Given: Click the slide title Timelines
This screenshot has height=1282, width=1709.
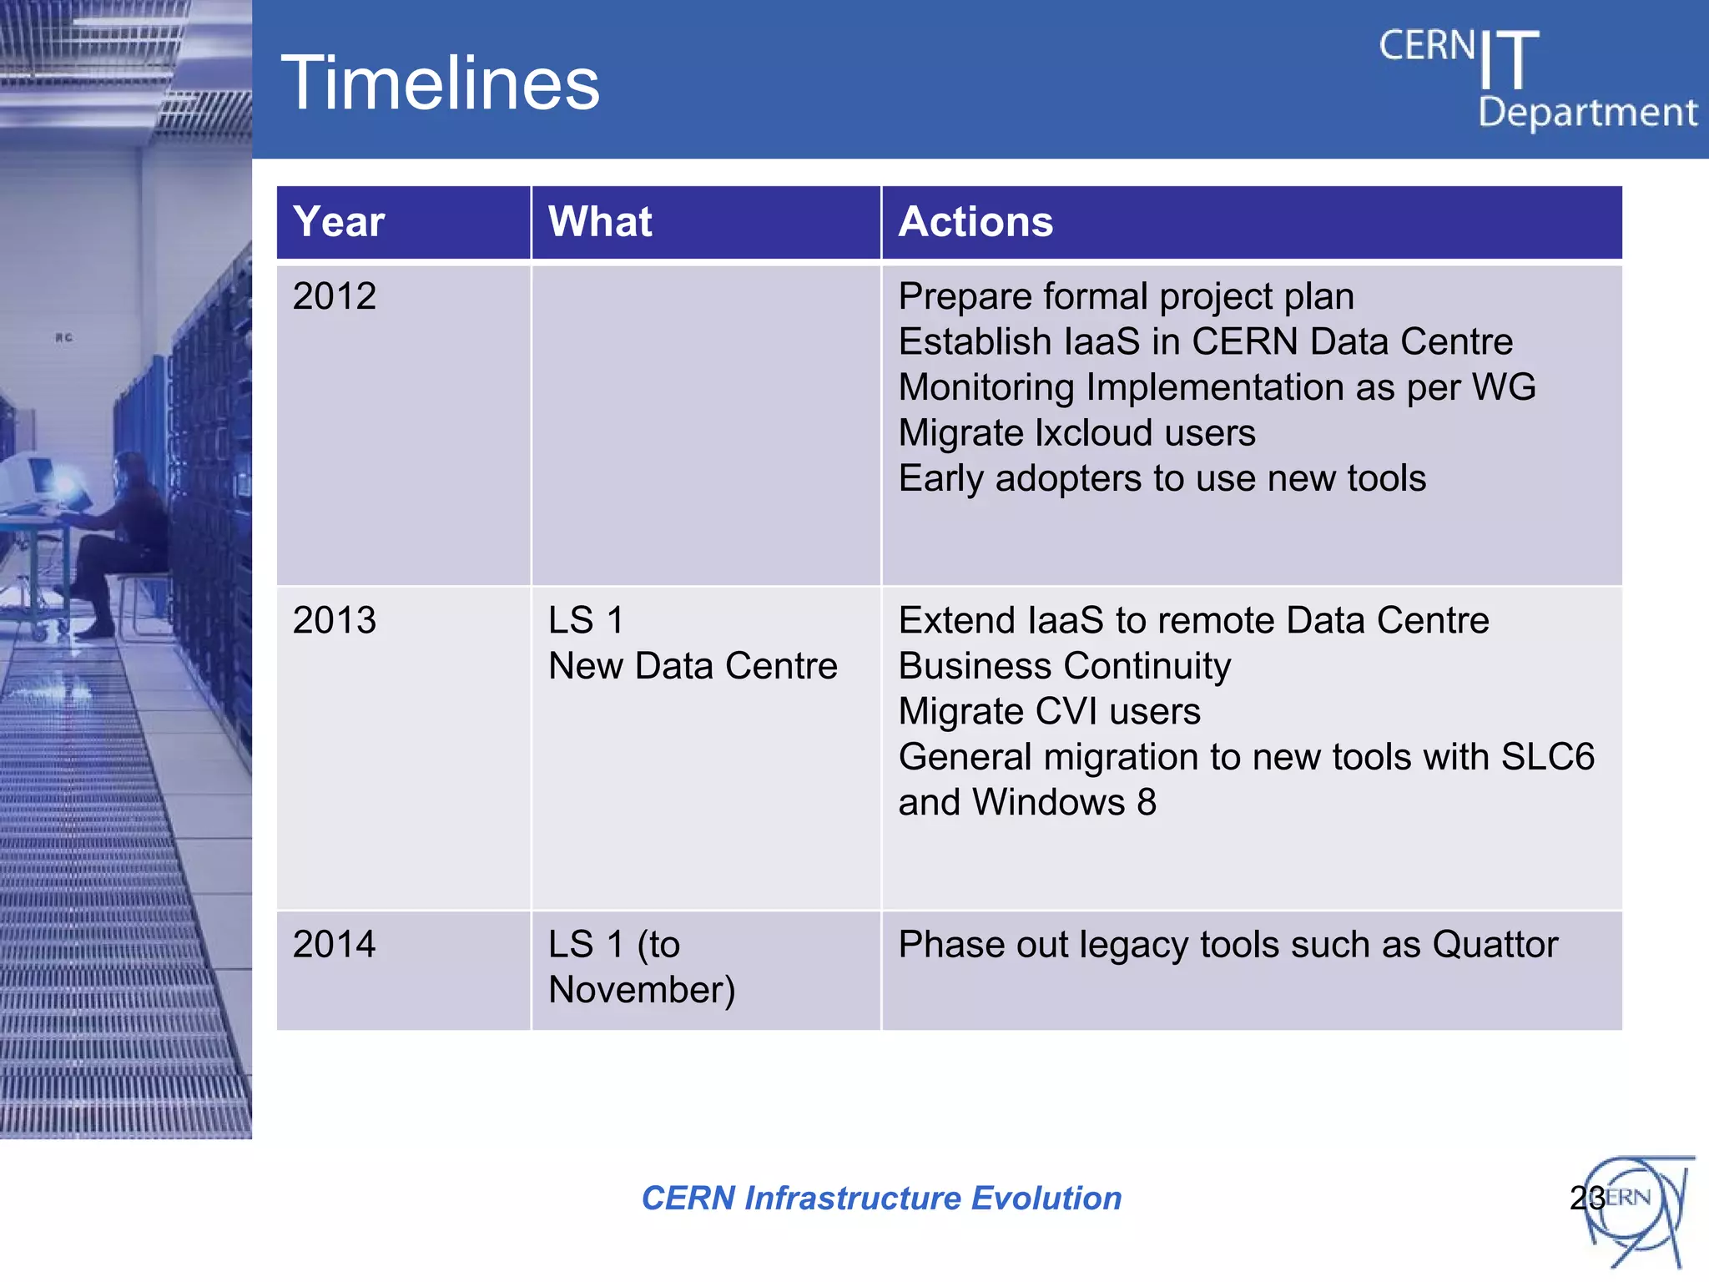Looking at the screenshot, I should coord(440,83).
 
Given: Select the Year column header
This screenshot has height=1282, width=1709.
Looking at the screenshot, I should coord(339,222).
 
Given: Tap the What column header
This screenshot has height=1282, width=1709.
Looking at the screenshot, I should coord(600,222).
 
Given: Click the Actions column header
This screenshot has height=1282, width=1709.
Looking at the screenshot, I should coord(975,222).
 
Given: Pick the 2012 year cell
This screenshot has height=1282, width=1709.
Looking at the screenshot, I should coord(335,296).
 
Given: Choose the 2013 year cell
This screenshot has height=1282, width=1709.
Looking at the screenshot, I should coord(335,620).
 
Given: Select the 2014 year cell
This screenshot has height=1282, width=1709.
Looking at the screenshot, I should coord(335,944).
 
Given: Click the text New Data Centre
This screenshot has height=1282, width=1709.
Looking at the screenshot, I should coord(693,666).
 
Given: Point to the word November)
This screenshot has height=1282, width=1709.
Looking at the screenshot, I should coord(642,990).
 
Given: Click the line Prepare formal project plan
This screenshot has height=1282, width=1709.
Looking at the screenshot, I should coord(1126,296).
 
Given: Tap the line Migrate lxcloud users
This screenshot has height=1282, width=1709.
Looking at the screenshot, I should coord(1076,433).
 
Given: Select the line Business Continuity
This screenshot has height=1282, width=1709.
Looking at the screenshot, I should coord(1064,666).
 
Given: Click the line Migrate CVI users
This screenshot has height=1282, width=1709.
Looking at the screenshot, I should coord(1049,712).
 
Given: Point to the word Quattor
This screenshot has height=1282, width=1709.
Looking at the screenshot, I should coord(1495,945).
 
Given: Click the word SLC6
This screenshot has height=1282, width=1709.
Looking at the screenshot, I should coord(1547,757).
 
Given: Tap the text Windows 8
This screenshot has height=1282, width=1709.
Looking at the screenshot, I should coord(1064,803).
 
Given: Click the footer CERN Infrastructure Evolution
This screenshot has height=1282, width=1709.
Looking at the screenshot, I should coord(881,1198).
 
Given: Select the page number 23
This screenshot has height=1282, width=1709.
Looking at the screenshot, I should coord(1586,1199).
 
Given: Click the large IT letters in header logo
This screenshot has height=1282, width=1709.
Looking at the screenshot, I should coord(1509,60).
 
